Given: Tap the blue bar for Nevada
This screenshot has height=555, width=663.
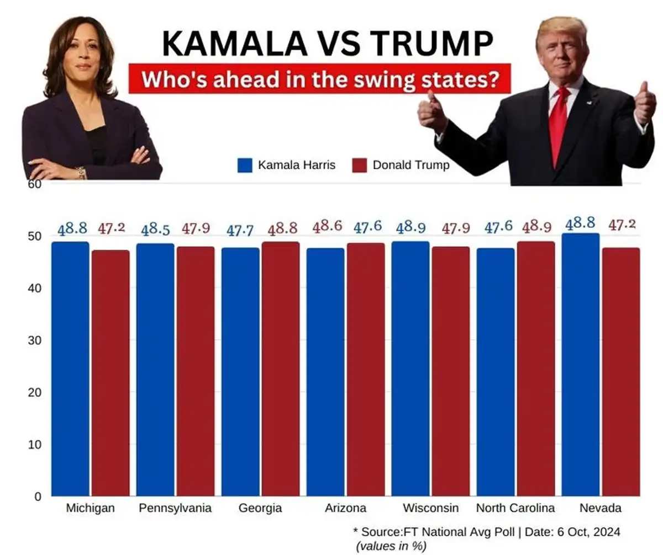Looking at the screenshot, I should point(580,364).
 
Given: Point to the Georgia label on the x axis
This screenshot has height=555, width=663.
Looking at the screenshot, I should point(260,508).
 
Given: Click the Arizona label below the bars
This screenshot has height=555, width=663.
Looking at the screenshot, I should point(345,508).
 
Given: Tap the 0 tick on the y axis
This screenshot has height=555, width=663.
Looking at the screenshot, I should point(38,497).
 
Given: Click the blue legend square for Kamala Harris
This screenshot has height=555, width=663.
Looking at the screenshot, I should point(245,165).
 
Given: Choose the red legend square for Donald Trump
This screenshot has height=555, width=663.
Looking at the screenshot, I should point(360,165).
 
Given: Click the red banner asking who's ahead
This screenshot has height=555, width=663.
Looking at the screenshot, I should point(319,79).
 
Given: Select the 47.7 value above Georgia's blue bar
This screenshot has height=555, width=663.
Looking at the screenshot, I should point(240,230).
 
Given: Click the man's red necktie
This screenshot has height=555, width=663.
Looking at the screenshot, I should point(559,124).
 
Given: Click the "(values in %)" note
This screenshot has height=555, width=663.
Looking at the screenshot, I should point(392,546).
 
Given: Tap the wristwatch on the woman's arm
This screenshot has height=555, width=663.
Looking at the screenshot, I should point(81,173).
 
